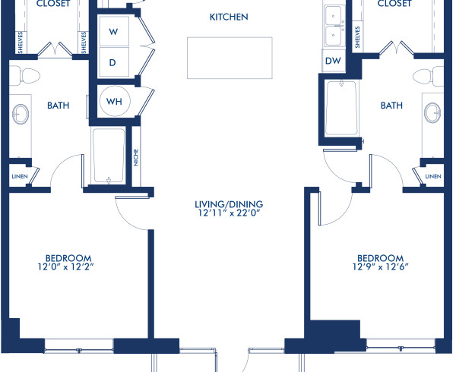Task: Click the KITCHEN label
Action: pyautogui.click(x=228, y=17)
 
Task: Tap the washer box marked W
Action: pyautogui.click(x=113, y=32)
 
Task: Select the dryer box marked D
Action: pyautogui.click(x=113, y=62)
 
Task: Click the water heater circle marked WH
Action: pyautogui.click(x=113, y=101)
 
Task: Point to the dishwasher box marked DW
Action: pyautogui.click(x=332, y=60)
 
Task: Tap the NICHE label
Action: pyautogui.click(x=136, y=157)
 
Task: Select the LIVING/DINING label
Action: pyautogui.click(x=228, y=203)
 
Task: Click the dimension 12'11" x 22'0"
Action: pyautogui.click(x=228, y=214)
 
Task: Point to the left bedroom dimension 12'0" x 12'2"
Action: pyautogui.click(x=68, y=267)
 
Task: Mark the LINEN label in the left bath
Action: pyautogui.click(x=18, y=176)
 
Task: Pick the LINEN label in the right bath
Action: pyautogui.click(x=432, y=176)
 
